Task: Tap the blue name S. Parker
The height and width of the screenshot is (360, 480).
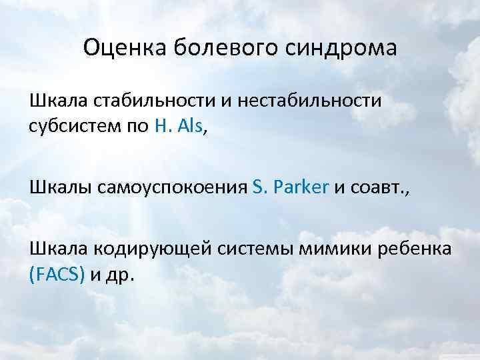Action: pos(291,188)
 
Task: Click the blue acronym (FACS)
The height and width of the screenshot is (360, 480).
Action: pos(56,274)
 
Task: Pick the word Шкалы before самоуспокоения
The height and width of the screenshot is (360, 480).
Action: pos(56,188)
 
